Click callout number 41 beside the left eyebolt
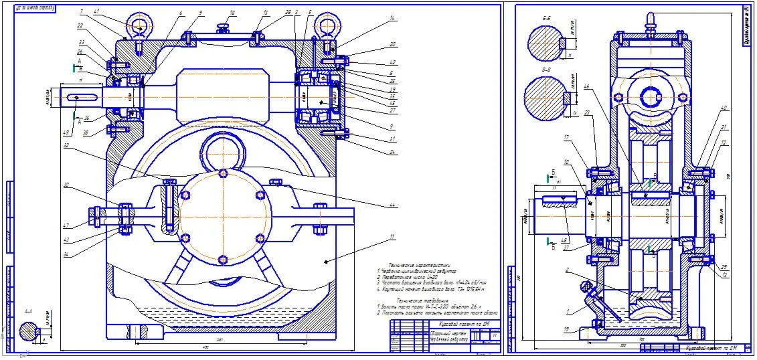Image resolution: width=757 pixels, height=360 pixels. tap(97, 12)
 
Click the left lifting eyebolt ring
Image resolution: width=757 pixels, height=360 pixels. tap(139, 26)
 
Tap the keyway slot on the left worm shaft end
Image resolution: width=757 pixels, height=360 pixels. tap(80, 98)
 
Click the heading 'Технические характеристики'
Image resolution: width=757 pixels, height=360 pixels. tap(415, 264)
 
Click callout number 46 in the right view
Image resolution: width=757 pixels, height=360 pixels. tap(587, 87)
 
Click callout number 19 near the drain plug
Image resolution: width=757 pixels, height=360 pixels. tap(567, 329)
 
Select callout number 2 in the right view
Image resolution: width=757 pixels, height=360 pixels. tap(568, 270)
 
